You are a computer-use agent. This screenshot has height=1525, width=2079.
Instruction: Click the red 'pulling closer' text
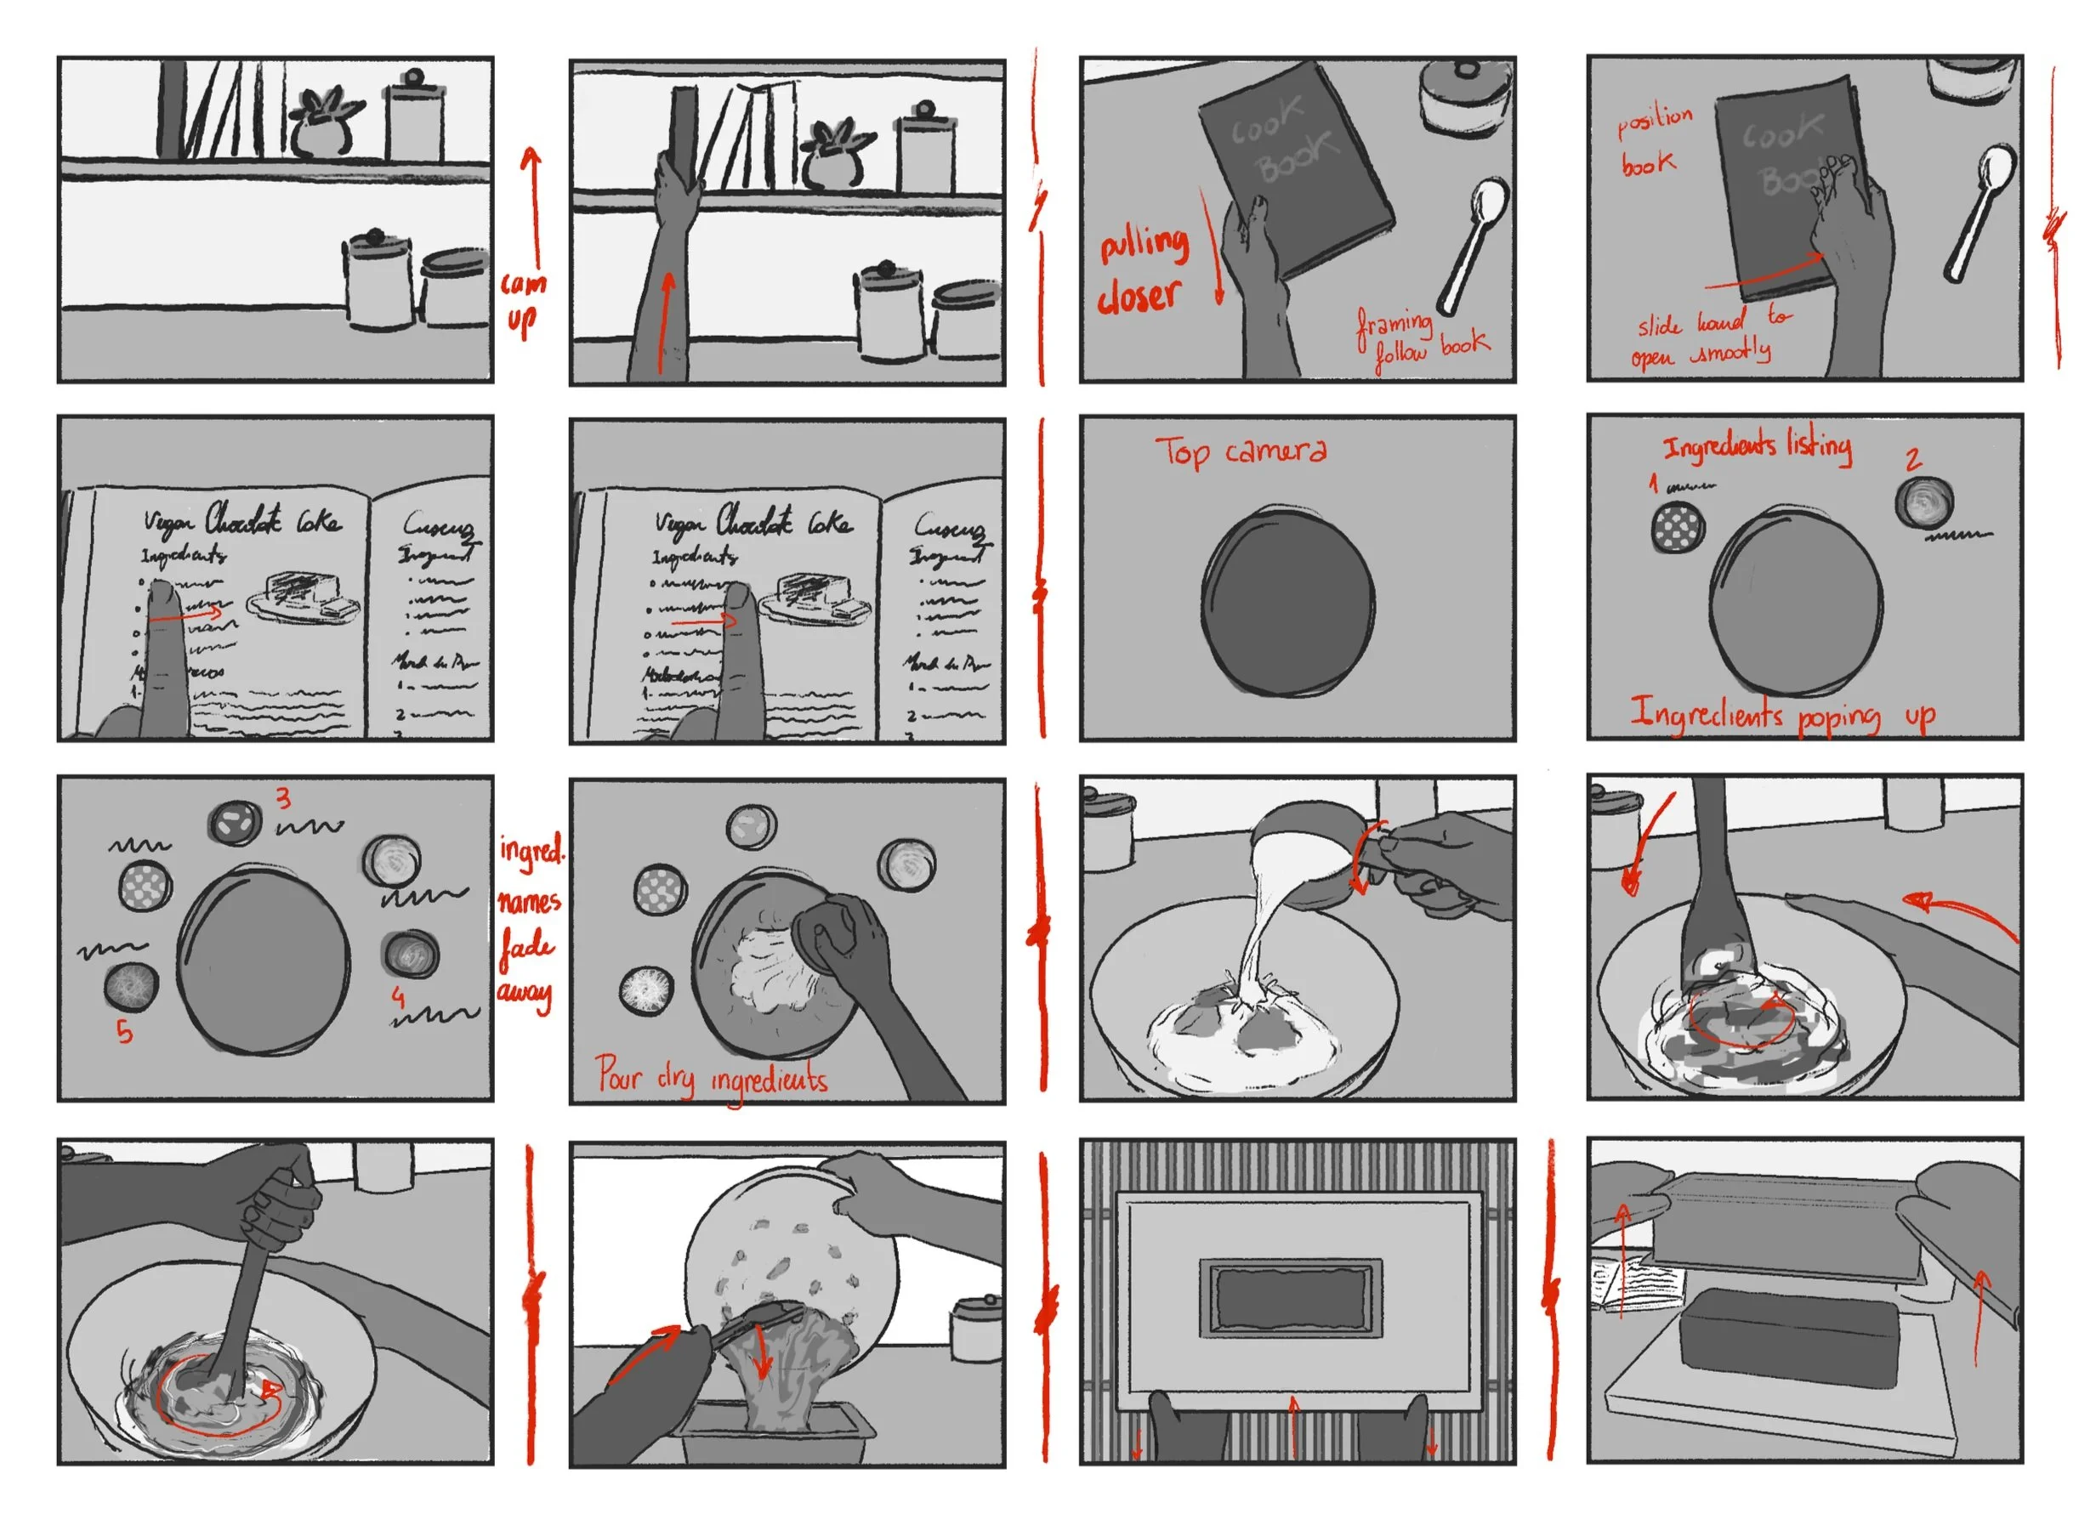[x=1142, y=270]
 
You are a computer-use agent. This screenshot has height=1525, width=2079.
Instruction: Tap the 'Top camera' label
[x=1241, y=451]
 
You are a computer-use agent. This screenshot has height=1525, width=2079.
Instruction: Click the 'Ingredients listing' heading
[x=1757, y=446]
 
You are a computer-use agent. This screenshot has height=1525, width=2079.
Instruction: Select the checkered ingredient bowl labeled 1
[x=1677, y=527]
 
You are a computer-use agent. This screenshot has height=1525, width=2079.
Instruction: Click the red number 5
[x=125, y=1031]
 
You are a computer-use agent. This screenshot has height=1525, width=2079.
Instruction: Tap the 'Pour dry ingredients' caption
[x=711, y=1078]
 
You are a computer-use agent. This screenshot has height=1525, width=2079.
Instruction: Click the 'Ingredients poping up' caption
[x=1781, y=716]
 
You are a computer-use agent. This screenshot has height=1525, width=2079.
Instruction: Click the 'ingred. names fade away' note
[x=529, y=922]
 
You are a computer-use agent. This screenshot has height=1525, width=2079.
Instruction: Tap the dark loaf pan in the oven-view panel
[x=1290, y=1297]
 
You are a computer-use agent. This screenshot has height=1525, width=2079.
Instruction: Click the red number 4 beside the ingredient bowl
[x=398, y=996]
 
